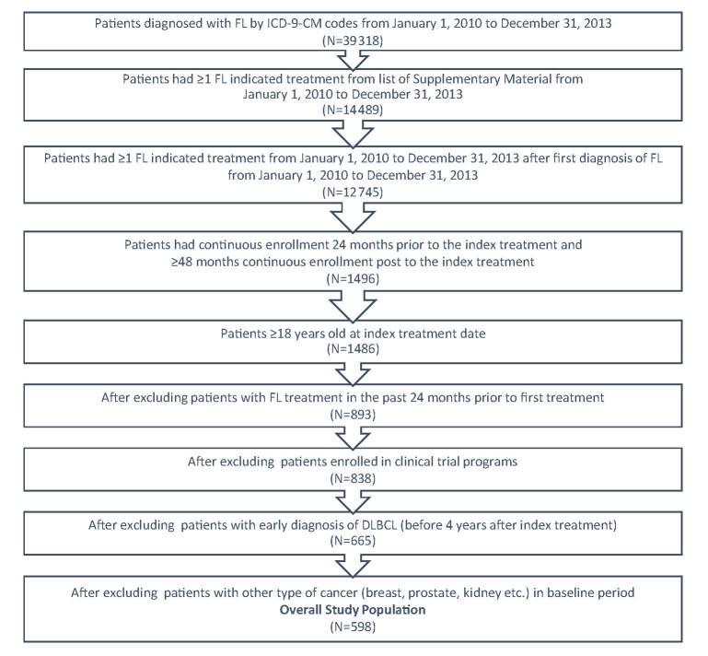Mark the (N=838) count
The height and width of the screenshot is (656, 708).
tap(354, 479)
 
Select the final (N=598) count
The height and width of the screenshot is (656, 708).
tap(354, 627)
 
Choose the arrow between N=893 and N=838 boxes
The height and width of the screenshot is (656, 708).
tap(354, 438)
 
